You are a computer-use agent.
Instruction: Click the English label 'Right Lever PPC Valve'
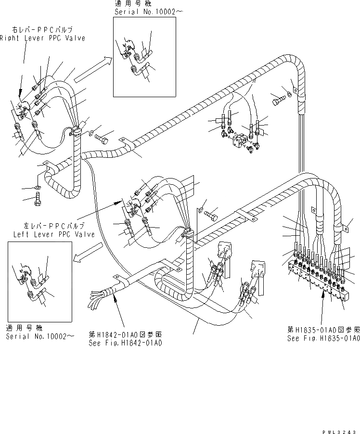click(x=42, y=38)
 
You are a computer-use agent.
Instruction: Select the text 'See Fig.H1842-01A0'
click(x=125, y=343)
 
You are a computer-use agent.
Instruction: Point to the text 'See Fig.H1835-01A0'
click(x=323, y=338)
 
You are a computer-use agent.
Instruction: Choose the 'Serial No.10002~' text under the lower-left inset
click(x=40, y=336)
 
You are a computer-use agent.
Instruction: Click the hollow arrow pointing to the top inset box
click(x=94, y=67)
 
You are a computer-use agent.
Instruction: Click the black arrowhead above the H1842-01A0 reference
click(x=115, y=299)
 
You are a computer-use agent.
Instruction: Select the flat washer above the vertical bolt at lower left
click(x=37, y=187)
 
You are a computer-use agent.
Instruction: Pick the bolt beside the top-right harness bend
click(x=279, y=100)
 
